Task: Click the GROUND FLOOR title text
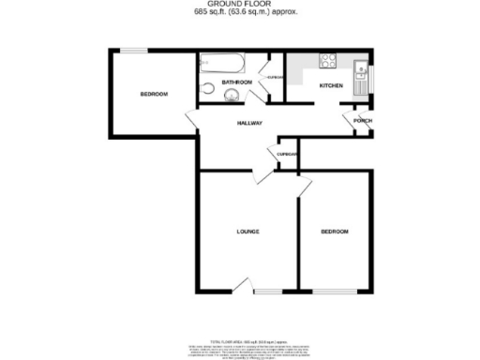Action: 240,5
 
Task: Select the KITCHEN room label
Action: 331,86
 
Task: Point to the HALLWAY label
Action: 248,124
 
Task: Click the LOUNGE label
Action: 247,232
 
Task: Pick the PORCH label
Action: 362,121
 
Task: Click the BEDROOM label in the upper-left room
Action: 154,94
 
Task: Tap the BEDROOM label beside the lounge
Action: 334,232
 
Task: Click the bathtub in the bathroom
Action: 222,64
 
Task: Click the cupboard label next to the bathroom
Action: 276,77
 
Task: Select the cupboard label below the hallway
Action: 287,154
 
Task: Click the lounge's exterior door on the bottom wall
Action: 245,289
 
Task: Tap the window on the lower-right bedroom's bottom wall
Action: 336,289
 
